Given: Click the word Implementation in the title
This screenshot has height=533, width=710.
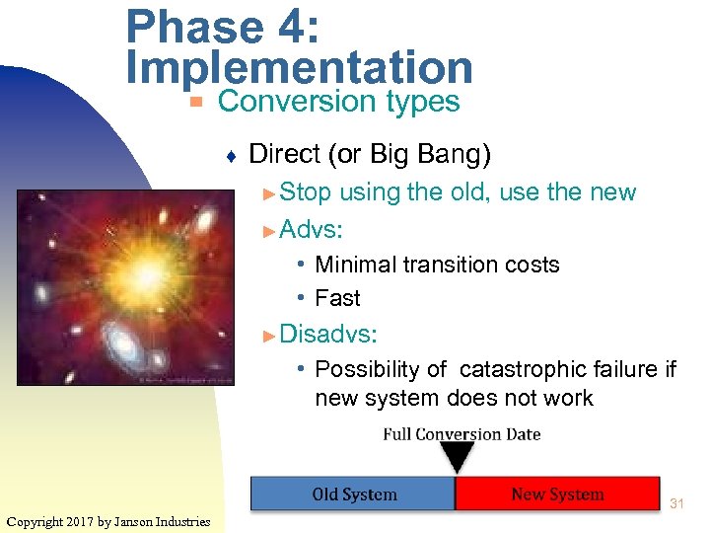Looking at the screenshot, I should (300, 67).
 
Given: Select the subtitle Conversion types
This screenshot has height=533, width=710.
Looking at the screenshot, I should (338, 102).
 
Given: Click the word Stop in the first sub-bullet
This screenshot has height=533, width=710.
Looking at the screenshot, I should (306, 191).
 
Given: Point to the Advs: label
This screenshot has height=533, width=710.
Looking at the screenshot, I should (311, 230).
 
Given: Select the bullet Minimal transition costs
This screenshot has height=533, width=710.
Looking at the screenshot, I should (437, 265).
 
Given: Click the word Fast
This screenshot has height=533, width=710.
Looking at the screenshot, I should (337, 298).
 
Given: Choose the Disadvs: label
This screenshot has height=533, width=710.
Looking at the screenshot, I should (327, 334).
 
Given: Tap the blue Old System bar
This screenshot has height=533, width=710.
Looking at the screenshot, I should (353, 495).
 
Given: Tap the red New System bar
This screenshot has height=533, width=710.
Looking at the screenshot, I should (557, 495).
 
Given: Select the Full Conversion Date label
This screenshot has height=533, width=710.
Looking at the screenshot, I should (461, 434).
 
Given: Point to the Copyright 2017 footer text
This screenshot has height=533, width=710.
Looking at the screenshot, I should (108, 521).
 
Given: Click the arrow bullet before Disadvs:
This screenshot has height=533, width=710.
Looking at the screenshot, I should (270, 335).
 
